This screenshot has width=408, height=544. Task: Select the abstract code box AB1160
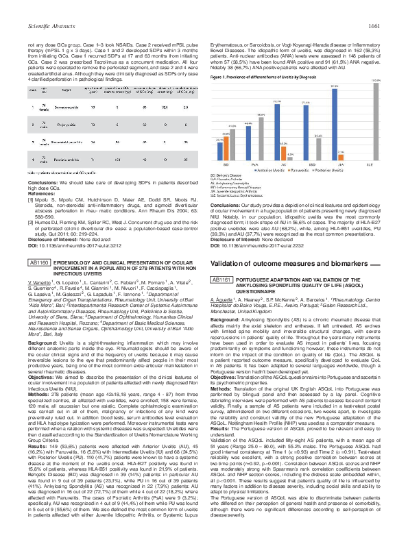pos(38,282)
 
